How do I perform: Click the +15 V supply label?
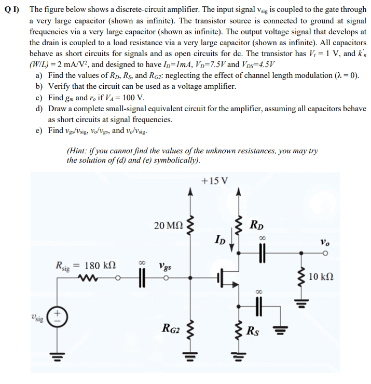[x=213, y=181]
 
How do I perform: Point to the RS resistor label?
[x=255, y=329]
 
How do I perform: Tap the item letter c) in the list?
[x=38, y=98]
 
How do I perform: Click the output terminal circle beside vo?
[x=325, y=255]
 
